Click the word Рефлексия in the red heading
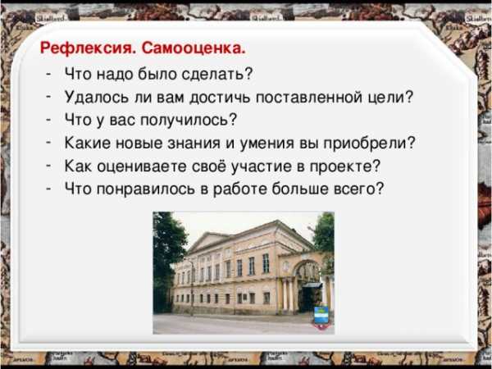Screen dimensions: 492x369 (x=88, y=49)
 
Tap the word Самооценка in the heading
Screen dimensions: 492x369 (x=194, y=48)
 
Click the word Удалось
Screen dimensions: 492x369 (x=97, y=98)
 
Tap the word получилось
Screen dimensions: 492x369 (x=188, y=121)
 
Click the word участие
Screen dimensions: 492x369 (x=261, y=166)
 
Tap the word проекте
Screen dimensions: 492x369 (x=345, y=166)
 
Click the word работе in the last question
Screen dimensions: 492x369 (x=239, y=189)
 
